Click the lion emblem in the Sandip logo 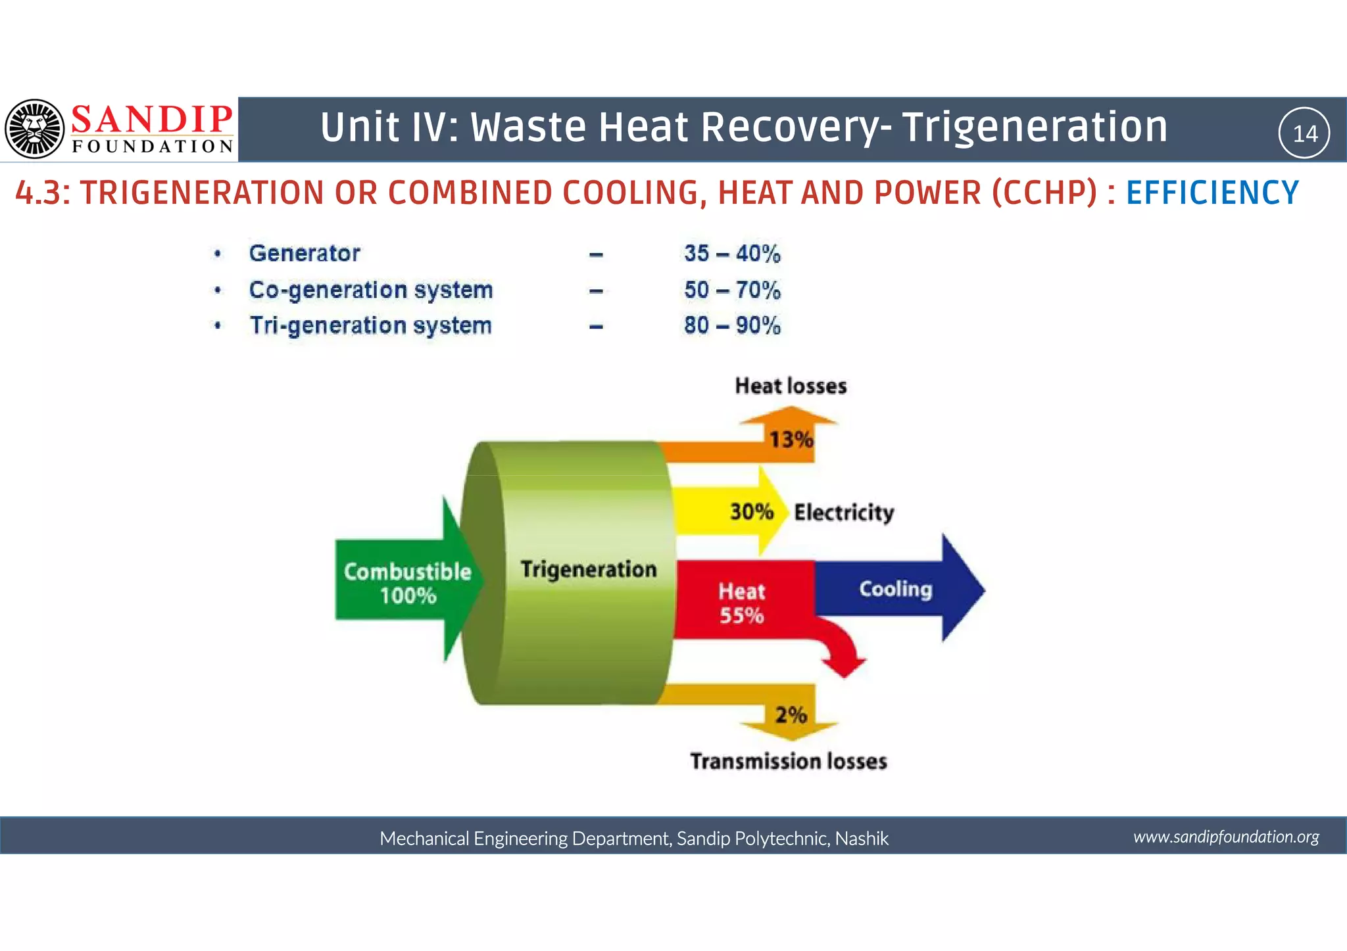tap(34, 129)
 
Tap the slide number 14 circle tap(1304, 133)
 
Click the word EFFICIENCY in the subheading tap(1212, 193)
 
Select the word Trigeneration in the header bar tap(1035, 128)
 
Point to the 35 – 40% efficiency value tap(732, 254)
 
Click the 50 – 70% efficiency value tap(732, 290)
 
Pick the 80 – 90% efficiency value tap(732, 325)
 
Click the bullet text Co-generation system tap(371, 290)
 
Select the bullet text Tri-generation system tap(370, 326)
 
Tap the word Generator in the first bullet tap(305, 254)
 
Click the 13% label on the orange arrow tap(792, 440)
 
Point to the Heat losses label tap(791, 386)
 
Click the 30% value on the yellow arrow tap(752, 512)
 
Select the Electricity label tap(844, 513)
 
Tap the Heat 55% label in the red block tap(741, 603)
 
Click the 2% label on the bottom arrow tap(791, 715)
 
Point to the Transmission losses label tap(789, 761)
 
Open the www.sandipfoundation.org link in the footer tap(1226, 837)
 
